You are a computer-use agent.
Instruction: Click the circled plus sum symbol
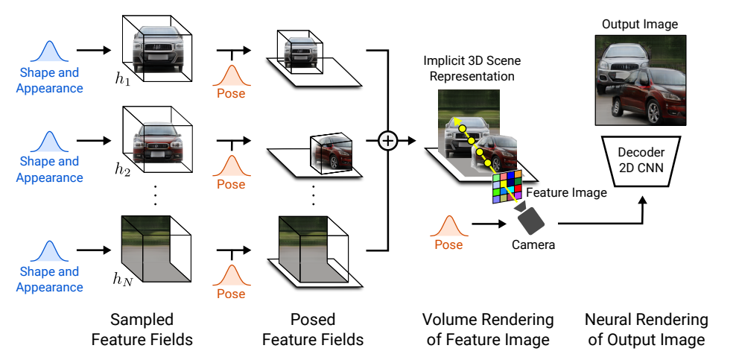pos(388,140)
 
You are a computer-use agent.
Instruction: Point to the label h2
pos(122,169)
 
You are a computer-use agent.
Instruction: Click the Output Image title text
pos(640,25)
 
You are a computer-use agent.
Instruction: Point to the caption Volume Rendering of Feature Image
pos(488,329)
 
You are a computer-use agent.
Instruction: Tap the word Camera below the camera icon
pos(533,244)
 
